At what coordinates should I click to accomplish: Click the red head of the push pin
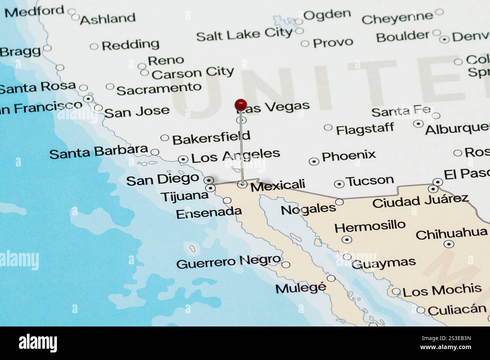[x=240, y=104]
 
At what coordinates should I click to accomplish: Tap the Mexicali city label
[x=278, y=185]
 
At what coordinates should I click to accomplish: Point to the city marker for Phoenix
[x=314, y=162]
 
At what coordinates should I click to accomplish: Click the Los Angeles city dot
[x=183, y=159]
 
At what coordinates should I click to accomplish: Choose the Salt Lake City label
[x=244, y=35]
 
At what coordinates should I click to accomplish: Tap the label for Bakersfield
[x=211, y=138]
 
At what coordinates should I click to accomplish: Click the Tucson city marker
[x=339, y=184]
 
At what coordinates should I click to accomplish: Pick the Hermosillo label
[x=370, y=226]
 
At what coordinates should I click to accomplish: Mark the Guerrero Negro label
[x=228, y=262]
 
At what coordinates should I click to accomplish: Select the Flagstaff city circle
[x=328, y=128]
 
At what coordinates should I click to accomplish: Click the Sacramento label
[x=159, y=89]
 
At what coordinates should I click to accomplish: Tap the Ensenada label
[x=208, y=213]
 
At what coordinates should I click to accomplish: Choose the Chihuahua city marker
[x=449, y=244]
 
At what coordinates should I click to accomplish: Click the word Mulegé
[x=300, y=288]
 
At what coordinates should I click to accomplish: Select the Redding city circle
[x=94, y=47]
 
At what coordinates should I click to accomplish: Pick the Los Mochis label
[x=442, y=290]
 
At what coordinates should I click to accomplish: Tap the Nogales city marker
[x=339, y=202]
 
